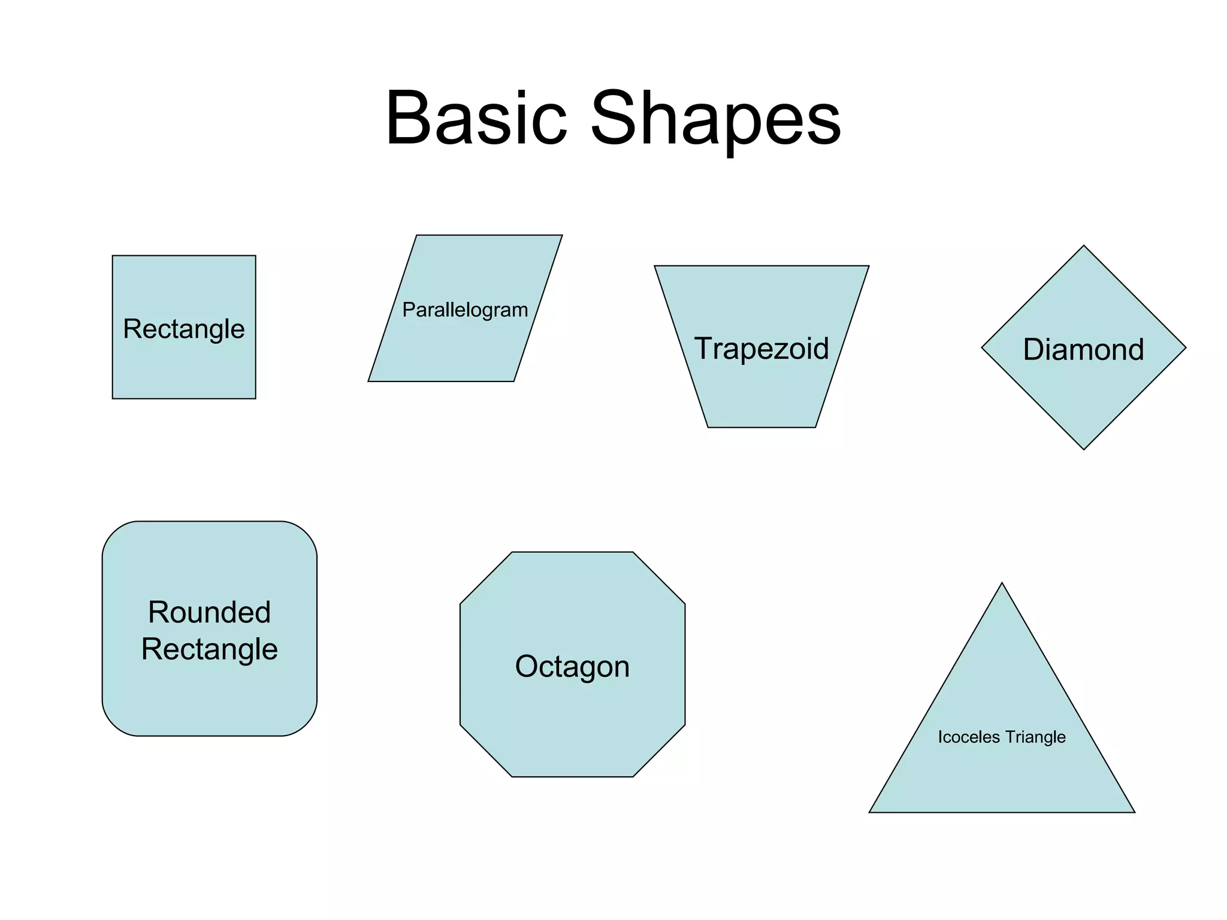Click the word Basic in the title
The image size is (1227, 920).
coord(476,118)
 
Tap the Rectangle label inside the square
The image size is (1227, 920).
coord(184,329)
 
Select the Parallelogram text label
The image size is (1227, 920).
coord(465,310)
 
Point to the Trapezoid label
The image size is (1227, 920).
coord(761,348)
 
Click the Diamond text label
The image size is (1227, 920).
coord(1083,349)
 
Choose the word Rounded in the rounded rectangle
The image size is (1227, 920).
coord(210,612)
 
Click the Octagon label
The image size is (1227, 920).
coord(572,666)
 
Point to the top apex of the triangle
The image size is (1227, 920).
coord(1002,583)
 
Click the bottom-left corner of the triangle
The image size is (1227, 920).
coord(869,812)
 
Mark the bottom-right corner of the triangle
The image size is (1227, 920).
coord(1135,812)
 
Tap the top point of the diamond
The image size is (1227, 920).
coord(1084,246)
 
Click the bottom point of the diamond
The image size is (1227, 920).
coord(1084,449)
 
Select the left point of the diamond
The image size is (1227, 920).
coord(982,347)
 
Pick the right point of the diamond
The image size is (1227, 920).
coord(1186,347)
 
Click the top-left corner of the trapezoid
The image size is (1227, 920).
coord(655,266)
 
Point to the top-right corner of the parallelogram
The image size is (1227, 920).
coord(562,235)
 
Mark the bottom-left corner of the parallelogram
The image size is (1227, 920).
coord(368,381)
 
